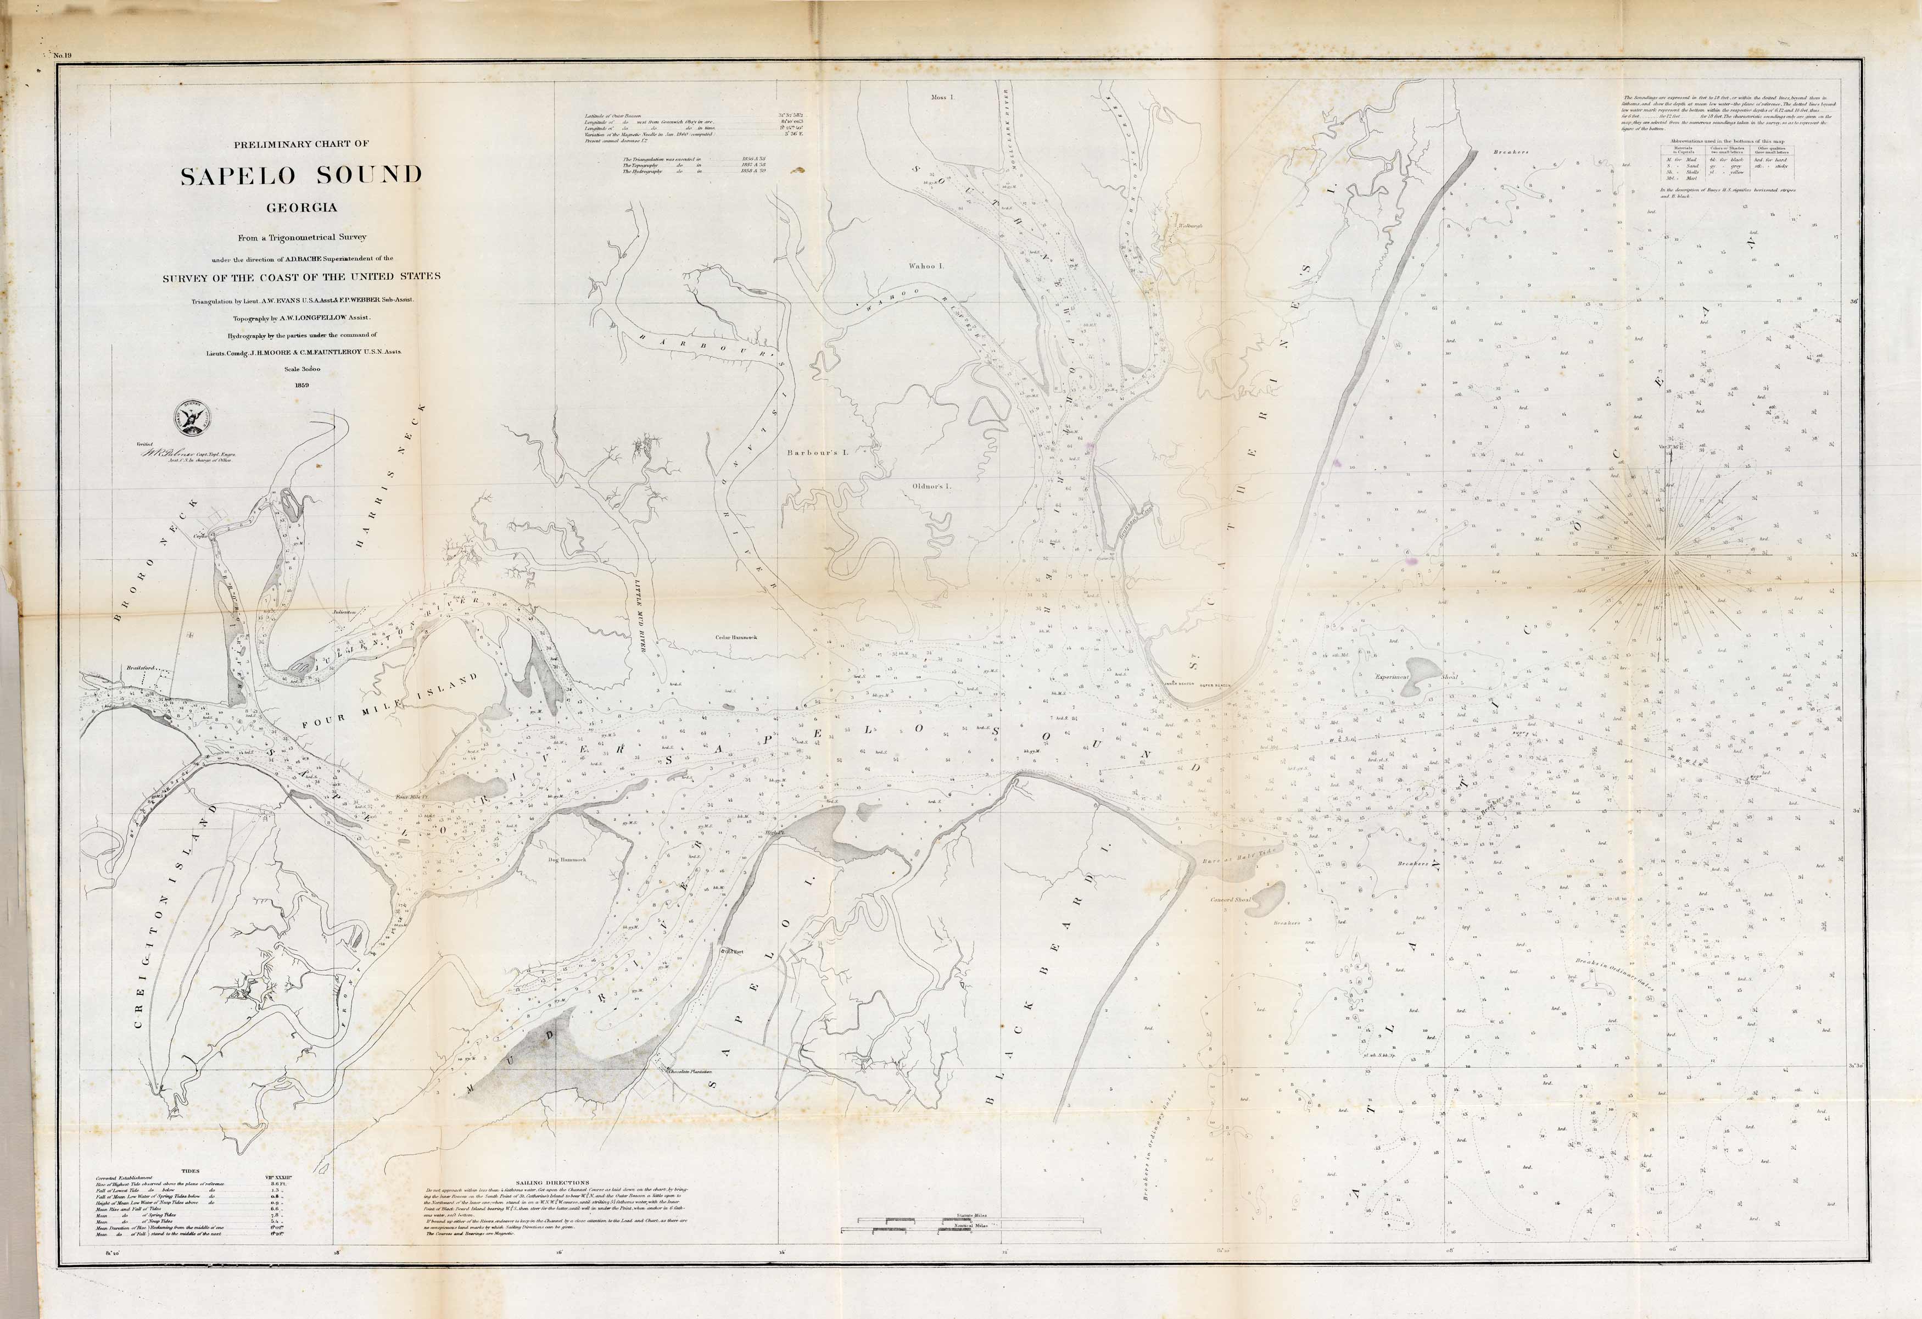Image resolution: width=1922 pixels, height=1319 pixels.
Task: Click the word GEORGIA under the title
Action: click(301, 207)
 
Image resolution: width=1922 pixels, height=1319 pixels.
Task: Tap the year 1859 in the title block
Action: click(300, 384)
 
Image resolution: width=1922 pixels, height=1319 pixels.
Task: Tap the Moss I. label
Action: click(942, 97)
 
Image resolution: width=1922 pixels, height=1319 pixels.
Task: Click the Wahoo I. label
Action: click(926, 266)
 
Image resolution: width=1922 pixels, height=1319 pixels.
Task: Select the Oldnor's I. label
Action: click(931, 486)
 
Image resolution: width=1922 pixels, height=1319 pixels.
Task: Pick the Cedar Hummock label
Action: click(736, 637)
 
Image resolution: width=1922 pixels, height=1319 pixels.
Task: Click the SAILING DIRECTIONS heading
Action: click(552, 1182)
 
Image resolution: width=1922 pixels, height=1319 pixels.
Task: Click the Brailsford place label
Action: click(142, 666)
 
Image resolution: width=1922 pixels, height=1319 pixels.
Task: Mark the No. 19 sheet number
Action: click(64, 55)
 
